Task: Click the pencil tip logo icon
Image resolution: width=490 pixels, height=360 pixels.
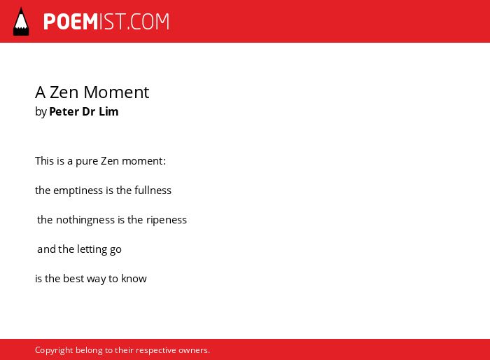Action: [x=21, y=22]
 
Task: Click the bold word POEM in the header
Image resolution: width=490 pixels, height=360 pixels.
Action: [x=71, y=22]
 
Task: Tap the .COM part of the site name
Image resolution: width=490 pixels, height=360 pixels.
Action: [x=148, y=22]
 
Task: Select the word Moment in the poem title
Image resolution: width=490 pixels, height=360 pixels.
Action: [x=116, y=92]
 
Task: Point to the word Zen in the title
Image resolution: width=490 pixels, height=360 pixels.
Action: [x=64, y=92]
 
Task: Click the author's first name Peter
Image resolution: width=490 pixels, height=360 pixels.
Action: [x=64, y=111]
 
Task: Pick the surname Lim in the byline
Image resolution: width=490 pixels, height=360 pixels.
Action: [x=108, y=111]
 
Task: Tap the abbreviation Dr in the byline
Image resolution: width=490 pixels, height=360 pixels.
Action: [x=89, y=111]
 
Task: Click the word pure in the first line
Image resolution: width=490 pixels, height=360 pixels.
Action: [x=87, y=161]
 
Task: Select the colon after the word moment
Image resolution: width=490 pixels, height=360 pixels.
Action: [x=164, y=162]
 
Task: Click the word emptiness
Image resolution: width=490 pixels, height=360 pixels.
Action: [x=78, y=191]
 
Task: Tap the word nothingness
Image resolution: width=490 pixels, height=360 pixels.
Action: [x=85, y=220]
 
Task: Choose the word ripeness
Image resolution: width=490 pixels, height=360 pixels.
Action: [x=167, y=220]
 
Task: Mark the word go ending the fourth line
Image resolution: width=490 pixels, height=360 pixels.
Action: [x=115, y=250]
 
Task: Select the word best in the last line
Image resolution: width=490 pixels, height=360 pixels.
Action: [x=73, y=278]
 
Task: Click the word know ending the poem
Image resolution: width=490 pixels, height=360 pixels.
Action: [x=134, y=278]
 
